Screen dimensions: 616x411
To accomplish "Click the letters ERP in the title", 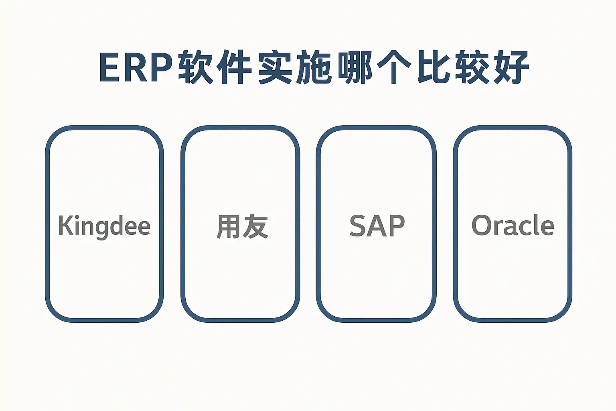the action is coord(136,67).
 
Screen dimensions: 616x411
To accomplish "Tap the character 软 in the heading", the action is coord(196,67).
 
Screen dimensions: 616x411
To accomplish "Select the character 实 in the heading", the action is coord(275,67).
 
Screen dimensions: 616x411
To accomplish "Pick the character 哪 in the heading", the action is coord(355,67).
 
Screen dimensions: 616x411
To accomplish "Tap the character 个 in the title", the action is coord(394,67).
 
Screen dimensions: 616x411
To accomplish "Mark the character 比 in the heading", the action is coord(434,67).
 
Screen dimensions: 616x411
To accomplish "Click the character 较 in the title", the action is coord(473,67).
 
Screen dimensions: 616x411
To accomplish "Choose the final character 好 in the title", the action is coord(512,67).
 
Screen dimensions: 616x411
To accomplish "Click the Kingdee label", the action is coord(104,226).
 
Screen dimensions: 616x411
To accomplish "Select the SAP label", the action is coord(377,226).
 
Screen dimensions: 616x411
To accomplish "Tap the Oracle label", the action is coord(513,225).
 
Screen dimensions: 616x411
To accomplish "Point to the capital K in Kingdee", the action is coord(65,225).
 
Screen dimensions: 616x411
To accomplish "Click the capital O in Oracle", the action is coord(482,226).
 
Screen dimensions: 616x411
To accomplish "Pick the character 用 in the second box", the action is coord(228,226).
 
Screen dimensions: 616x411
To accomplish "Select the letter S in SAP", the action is coord(358,226).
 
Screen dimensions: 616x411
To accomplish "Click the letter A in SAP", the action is coord(377,226).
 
